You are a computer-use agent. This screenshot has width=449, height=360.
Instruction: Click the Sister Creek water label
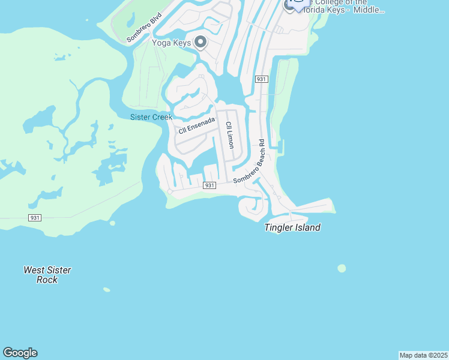[151, 117]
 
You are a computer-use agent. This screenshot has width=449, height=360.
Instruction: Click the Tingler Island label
[292, 227]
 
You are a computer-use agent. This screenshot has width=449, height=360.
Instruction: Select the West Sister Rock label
[47, 275]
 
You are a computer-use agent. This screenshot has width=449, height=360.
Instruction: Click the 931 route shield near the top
[261, 79]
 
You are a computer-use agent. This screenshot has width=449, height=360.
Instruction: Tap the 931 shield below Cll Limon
[209, 185]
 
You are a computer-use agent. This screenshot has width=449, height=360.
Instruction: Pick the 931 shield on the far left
[35, 217]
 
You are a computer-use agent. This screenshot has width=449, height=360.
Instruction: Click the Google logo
[20, 353]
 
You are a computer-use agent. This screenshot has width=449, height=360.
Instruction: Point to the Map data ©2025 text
[423, 355]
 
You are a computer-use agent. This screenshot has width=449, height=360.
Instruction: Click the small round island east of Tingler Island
[342, 268]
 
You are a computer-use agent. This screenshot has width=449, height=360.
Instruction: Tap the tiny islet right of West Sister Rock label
[106, 290]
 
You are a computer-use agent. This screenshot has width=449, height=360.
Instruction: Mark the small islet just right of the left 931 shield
[112, 223]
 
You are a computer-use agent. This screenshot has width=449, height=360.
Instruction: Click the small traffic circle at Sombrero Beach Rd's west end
[170, 191]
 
